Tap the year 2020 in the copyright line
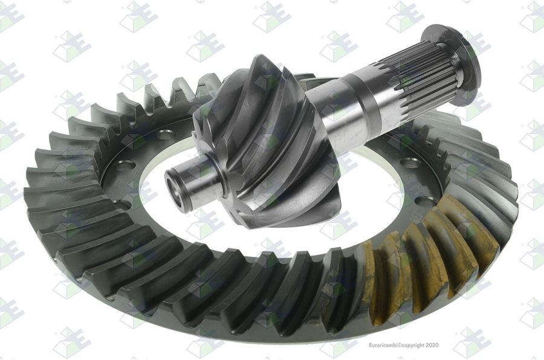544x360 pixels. coord(432,345)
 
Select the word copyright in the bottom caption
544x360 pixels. coord(413,345)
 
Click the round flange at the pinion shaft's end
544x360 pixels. coord(451,65)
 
